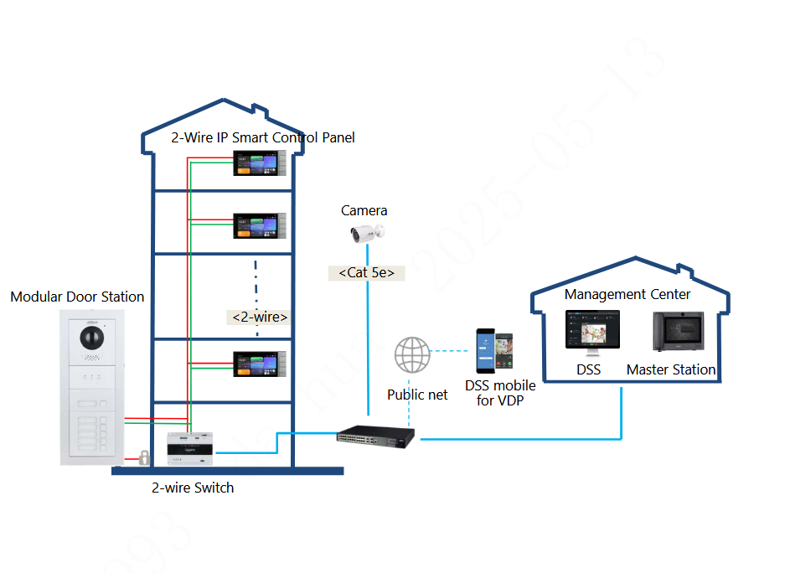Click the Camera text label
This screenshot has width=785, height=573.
coord(364,211)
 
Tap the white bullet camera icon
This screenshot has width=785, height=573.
coord(368,233)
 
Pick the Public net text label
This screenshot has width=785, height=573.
coord(417,394)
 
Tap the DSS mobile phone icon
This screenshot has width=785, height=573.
coord(494,351)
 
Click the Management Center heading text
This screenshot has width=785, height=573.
coord(627,295)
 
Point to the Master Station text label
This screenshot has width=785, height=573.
coord(671,369)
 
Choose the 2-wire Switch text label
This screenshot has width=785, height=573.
coord(193,488)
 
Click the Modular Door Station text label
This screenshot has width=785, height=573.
coord(77,297)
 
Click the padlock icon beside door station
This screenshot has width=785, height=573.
coord(144,457)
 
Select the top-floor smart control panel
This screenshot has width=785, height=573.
coord(259,163)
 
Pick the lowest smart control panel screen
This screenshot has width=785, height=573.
coord(259,364)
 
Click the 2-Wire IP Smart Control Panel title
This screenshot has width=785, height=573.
coord(263,137)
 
